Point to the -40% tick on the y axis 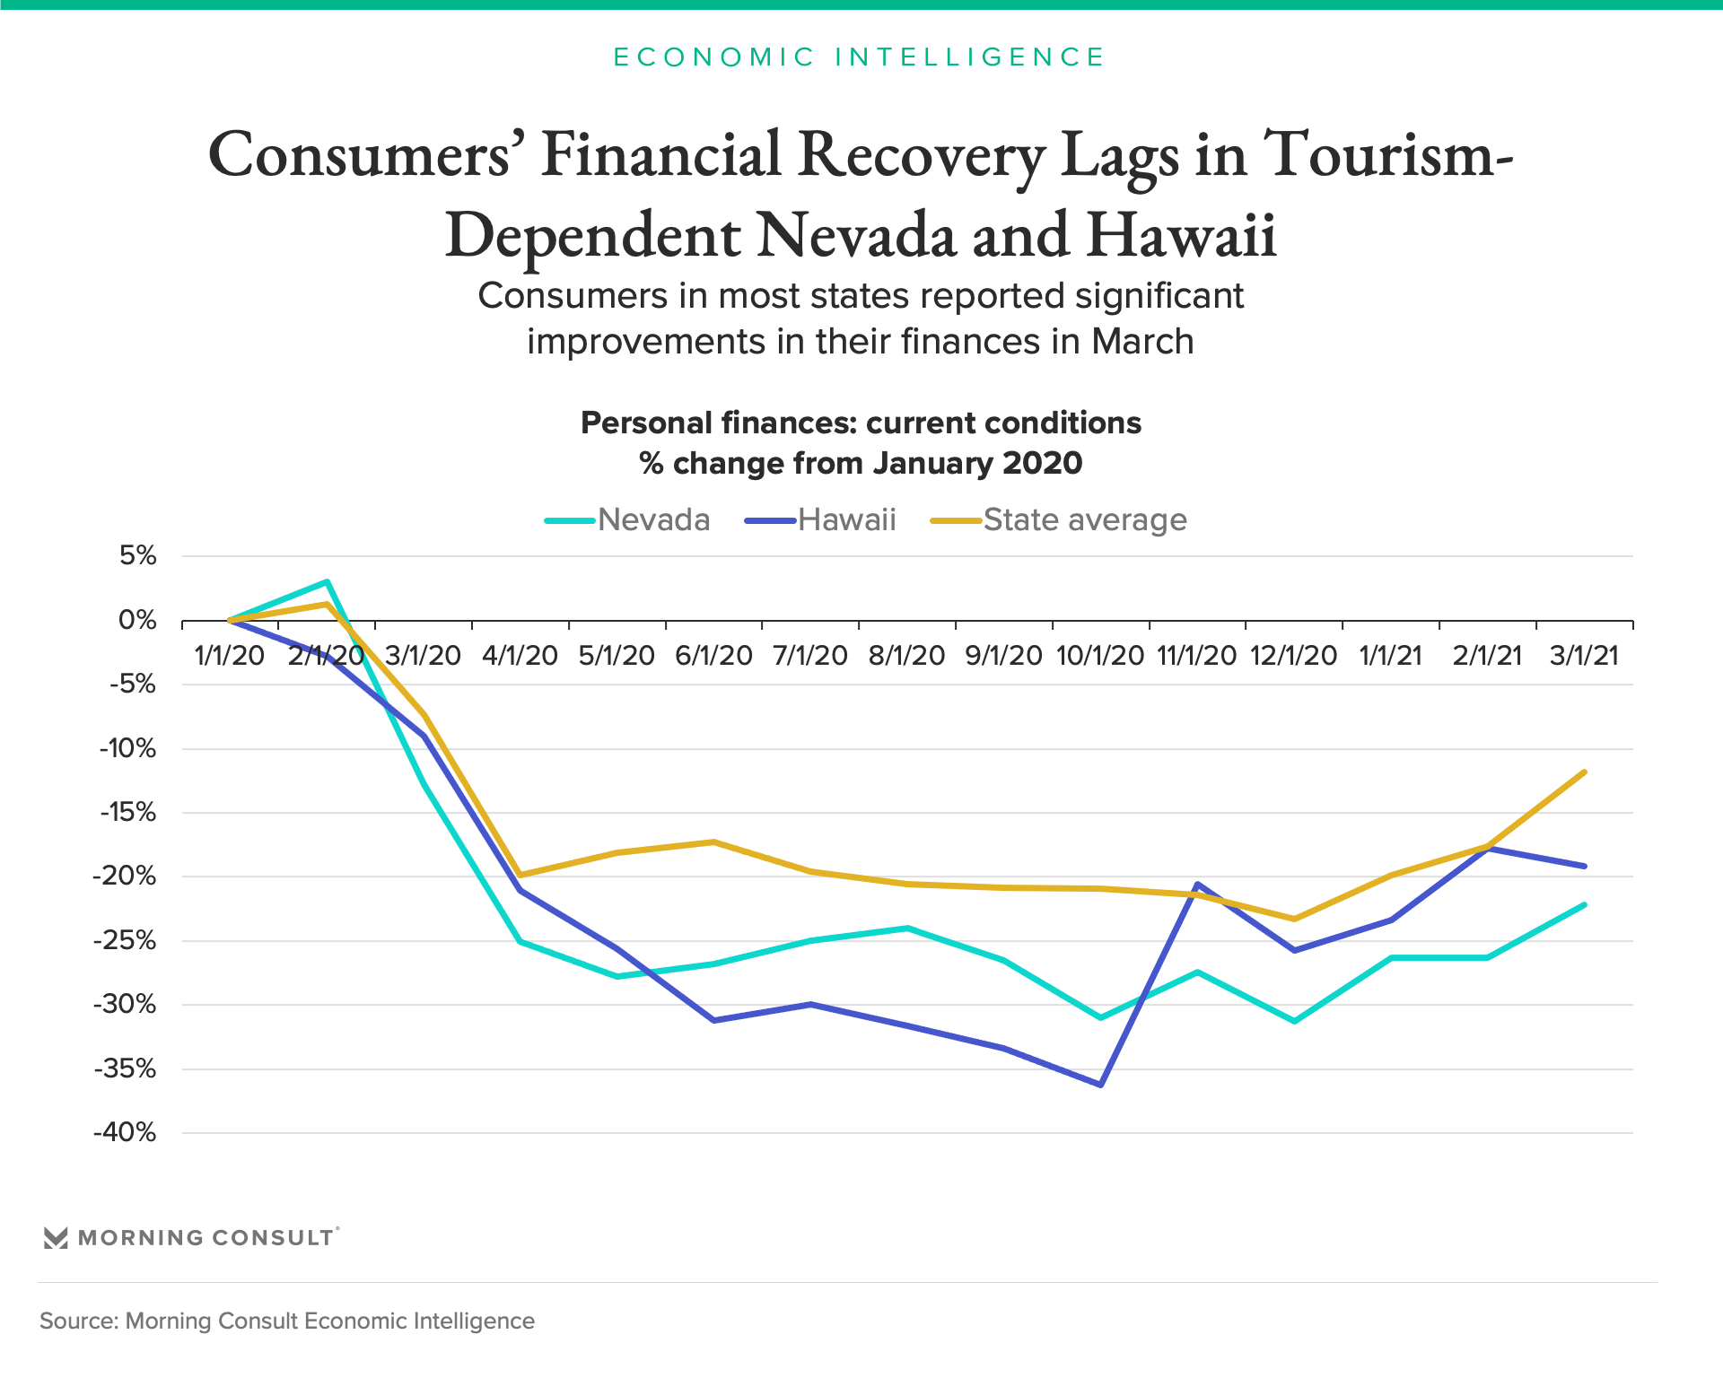point(125,1133)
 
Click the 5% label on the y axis point(137,556)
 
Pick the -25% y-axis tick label point(125,941)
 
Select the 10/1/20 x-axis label point(1100,656)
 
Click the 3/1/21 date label point(1584,656)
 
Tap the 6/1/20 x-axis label point(713,656)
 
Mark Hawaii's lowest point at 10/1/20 point(1100,1085)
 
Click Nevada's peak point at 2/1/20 point(327,582)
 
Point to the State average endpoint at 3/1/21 point(1584,772)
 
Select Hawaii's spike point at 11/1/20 point(1197,885)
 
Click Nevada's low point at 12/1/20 point(1294,1021)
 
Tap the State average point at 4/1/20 point(520,875)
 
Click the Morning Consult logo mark point(56,1238)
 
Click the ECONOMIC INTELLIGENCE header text point(860,57)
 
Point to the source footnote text point(287,1321)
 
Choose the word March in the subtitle point(1141,343)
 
